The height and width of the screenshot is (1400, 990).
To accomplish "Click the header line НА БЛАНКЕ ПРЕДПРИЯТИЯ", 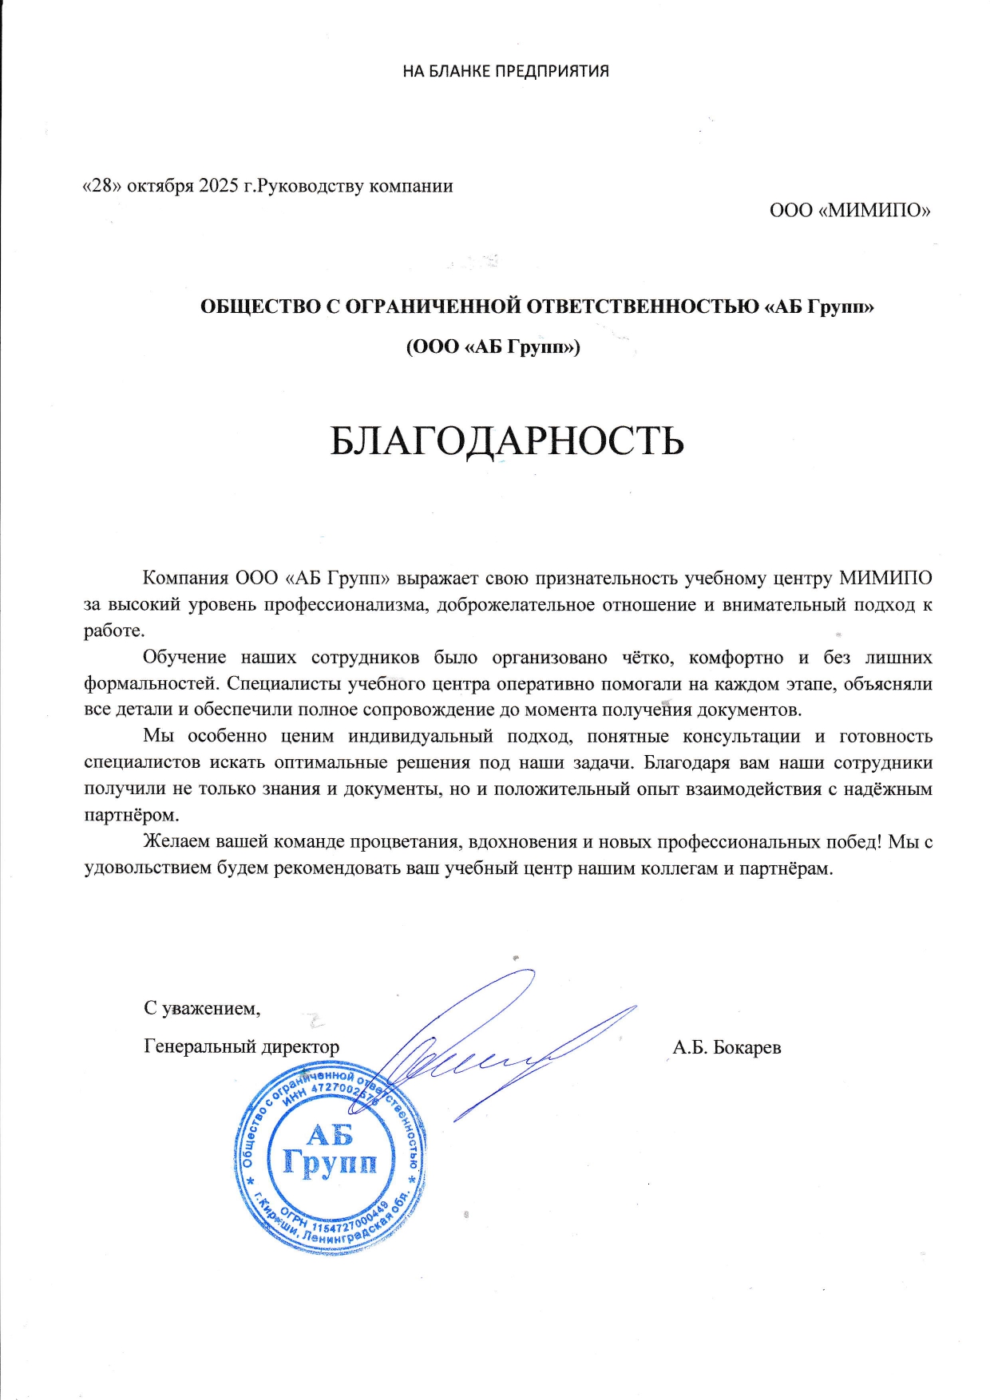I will pos(505,71).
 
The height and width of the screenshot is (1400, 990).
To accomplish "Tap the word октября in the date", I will pos(160,186).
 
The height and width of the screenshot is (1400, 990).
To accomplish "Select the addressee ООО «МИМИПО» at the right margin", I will pos(850,211).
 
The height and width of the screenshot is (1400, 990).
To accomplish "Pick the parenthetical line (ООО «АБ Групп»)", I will pos(493,347).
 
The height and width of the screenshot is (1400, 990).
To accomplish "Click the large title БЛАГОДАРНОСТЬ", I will pos(507,440).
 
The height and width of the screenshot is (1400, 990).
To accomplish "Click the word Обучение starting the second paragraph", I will pos(184,658).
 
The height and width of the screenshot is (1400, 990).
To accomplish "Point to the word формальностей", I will pos(152,684).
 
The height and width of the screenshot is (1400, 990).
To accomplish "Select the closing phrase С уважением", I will pos(202,1008).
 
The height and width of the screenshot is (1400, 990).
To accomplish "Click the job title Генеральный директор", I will pos(241,1046).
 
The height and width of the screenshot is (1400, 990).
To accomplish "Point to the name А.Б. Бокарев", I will pos(727,1047).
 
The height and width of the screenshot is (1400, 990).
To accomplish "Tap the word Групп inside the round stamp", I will pos(329,1162).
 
